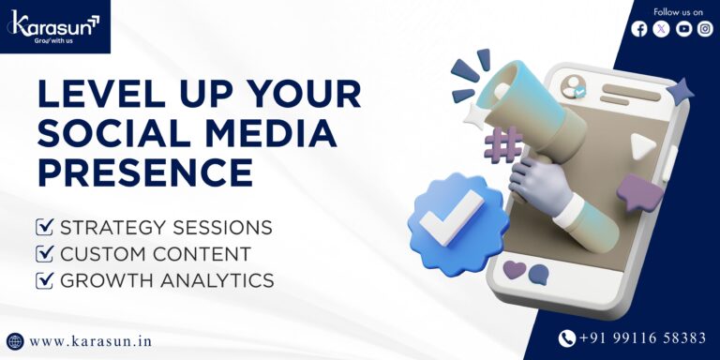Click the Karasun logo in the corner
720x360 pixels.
tap(54, 25)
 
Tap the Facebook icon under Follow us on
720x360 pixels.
tap(639, 29)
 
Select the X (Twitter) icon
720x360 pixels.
tap(662, 29)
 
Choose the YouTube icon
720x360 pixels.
tap(683, 29)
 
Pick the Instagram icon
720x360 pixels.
tap(705, 29)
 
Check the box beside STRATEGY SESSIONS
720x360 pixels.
tap(43, 227)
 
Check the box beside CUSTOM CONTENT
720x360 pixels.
tap(43, 253)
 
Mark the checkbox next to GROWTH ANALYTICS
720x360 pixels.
tap(43, 279)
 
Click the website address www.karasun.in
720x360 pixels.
tap(90, 341)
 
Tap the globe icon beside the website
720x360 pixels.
tap(15, 341)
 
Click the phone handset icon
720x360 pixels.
tap(566, 338)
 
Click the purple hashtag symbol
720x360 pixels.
tap(502, 145)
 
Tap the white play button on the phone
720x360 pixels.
tap(641, 145)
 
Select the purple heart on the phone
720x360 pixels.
tap(515, 270)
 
